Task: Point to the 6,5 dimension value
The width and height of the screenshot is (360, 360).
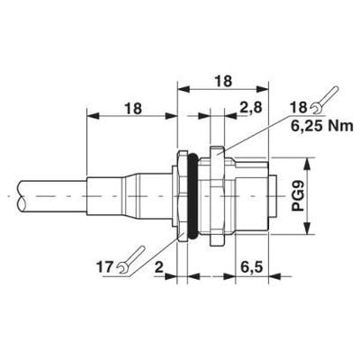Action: [x=254, y=268]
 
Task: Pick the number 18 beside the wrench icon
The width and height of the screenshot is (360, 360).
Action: [x=298, y=109]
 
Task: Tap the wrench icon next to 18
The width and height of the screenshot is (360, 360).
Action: [x=325, y=94]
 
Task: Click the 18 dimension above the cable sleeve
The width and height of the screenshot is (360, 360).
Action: [x=132, y=109]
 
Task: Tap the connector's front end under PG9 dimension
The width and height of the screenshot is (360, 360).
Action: [x=270, y=194]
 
